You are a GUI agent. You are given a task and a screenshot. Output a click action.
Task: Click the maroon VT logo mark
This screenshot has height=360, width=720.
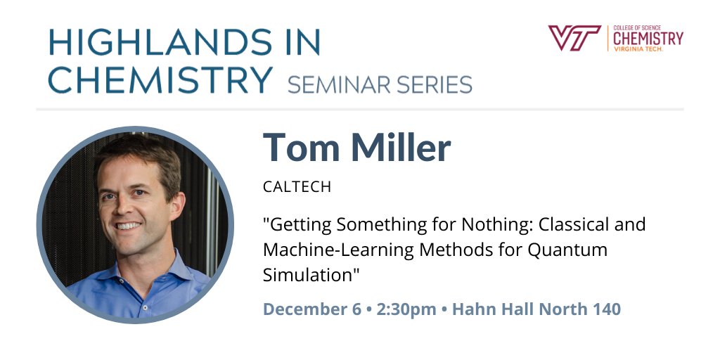pyautogui.click(x=574, y=37)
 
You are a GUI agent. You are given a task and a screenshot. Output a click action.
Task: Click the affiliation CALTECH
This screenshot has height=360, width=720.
pyautogui.click(x=297, y=188)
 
